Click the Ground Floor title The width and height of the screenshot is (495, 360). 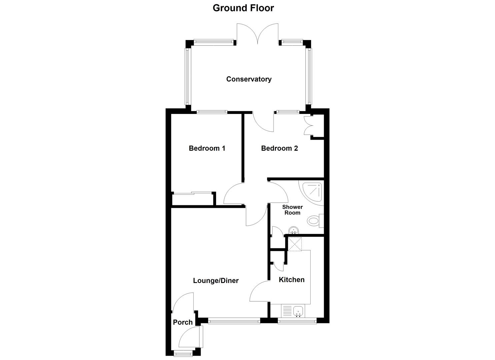pyautogui.click(x=243, y=8)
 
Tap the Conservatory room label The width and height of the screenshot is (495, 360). pyautogui.click(x=249, y=79)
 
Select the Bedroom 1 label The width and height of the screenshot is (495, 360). pyautogui.click(x=207, y=148)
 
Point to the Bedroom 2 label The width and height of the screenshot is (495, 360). pyautogui.click(x=279, y=148)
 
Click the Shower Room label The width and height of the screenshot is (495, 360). pyautogui.click(x=292, y=210)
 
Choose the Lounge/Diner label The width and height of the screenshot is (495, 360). pyautogui.click(x=216, y=281)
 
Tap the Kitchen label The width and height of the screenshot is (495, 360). pyautogui.click(x=292, y=280)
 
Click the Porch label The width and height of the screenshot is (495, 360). pyautogui.click(x=183, y=322)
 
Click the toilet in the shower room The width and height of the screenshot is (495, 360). pyautogui.click(x=314, y=220)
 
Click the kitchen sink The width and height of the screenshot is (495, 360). pyautogui.click(x=298, y=311)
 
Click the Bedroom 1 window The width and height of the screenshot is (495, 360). pyautogui.click(x=212, y=112)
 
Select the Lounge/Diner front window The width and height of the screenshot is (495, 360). pyautogui.click(x=234, y=321)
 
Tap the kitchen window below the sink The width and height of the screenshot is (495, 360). pyautogui.click(x=297, y=321)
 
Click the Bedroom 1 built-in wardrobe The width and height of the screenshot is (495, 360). pyautogui.click(x=192, y=199)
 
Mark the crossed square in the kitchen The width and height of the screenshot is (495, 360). pyautogui.click(x=295, y=244)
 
